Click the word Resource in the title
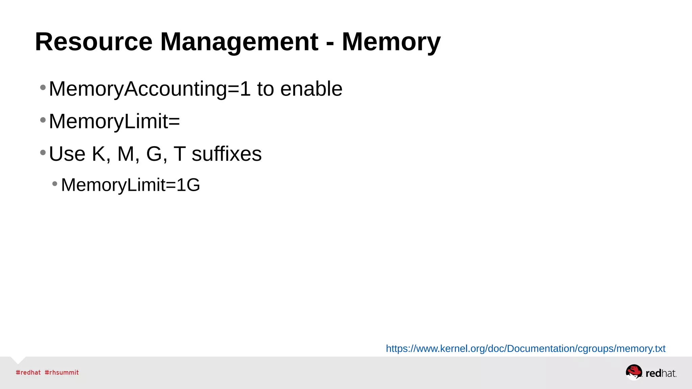[x=94, y=42]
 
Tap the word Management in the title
[x=239, y=42]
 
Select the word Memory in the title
[x=391, y=42]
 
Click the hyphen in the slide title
[x=330, y=43]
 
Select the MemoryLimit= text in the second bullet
[x=114, y=121]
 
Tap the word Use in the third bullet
[x=67, y=154]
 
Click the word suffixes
[x=226, y=154]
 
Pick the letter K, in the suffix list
[x=101, y=154]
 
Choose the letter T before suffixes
[x=179, y=154]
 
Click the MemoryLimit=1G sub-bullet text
[x=130, y=185]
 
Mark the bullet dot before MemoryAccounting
[x=43, y=88]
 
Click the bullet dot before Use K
[x=43, y=153]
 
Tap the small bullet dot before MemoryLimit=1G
[x=55, y=184]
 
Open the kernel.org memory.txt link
[x=525, y=348]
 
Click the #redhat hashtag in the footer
[x=28, y=372]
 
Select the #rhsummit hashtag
[x=61, y=372]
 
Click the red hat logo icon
[x=634, y=372]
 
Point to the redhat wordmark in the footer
[x=661, y=373]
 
